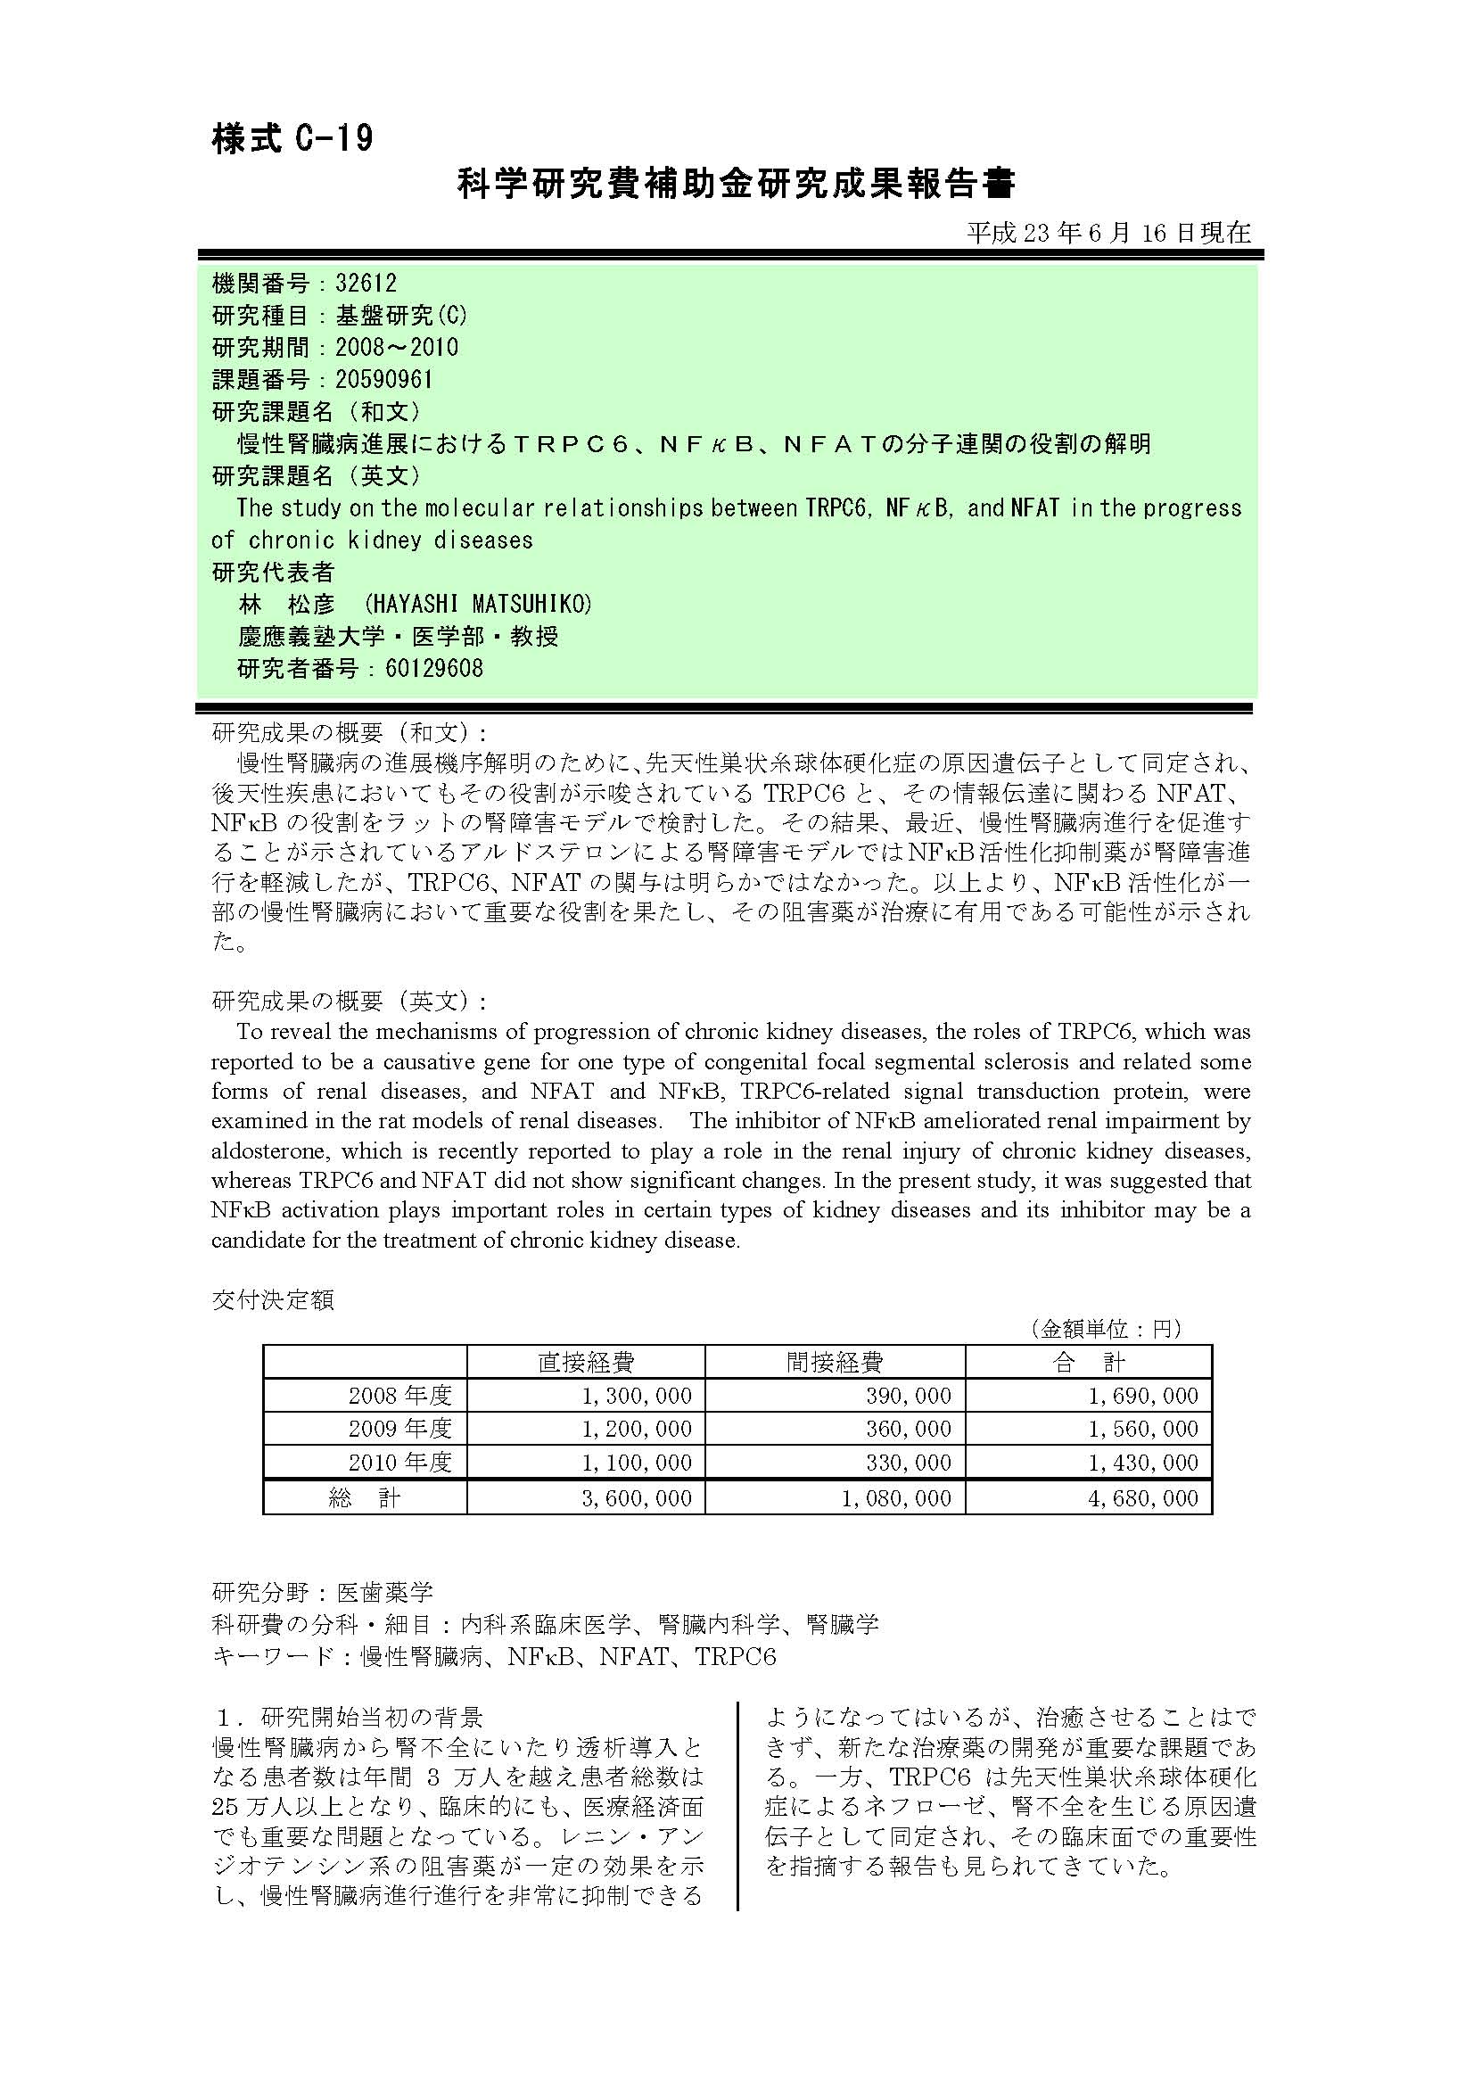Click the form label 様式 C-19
292,139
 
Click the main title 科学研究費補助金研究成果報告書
736,185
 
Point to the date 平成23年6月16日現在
1108,234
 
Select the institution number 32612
366,284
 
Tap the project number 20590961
384,379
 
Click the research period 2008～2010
397,347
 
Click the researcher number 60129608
434,669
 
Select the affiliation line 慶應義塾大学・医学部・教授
398,636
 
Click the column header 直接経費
586,1362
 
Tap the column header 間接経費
835,1362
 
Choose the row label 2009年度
400,1428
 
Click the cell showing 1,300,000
637,1396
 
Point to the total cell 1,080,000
896,1498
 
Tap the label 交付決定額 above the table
273,1300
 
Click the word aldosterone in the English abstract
262,1151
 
